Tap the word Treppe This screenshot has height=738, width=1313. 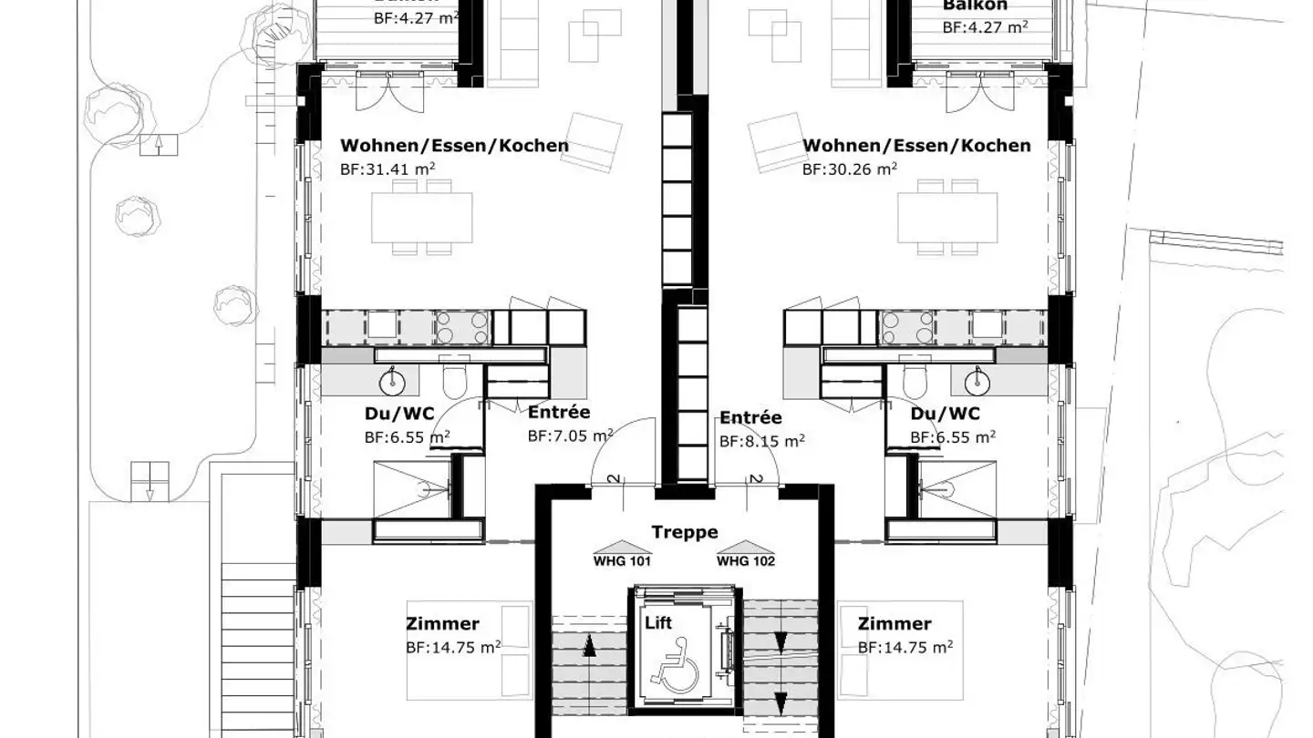click(x=684, y=532)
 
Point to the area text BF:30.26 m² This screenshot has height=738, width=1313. click(x=849, y=168)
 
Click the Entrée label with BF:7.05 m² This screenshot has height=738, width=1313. click(x=559, y=413)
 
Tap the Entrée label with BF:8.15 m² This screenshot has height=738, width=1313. click(x=750, y=418)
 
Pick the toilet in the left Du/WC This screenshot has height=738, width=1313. click(x=453, y=379)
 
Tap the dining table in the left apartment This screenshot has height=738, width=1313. click(x=421, y=217)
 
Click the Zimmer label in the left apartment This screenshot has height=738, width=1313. click(x=442, y=624)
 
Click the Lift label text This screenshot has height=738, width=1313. click(x=657, y=623)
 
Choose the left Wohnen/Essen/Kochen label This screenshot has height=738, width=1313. click(x=454, y=146)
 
